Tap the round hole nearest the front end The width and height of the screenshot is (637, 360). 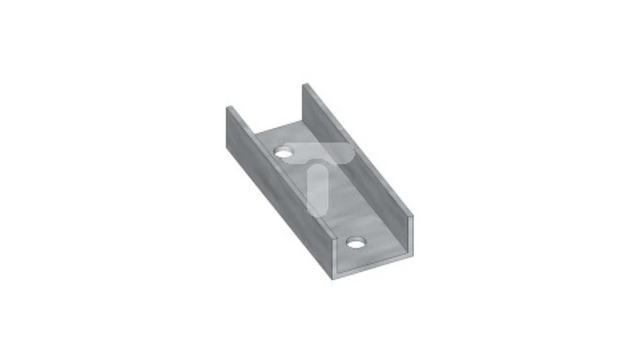pyautogui.click(x=356, y=241)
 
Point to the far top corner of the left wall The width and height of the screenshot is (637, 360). pyautogui.click(x=226, y=107)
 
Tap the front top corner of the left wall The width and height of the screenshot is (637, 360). pyautogui.click(x=332, y=240)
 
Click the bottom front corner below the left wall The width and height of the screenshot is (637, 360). pyautogui.click(x=333, y=280)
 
